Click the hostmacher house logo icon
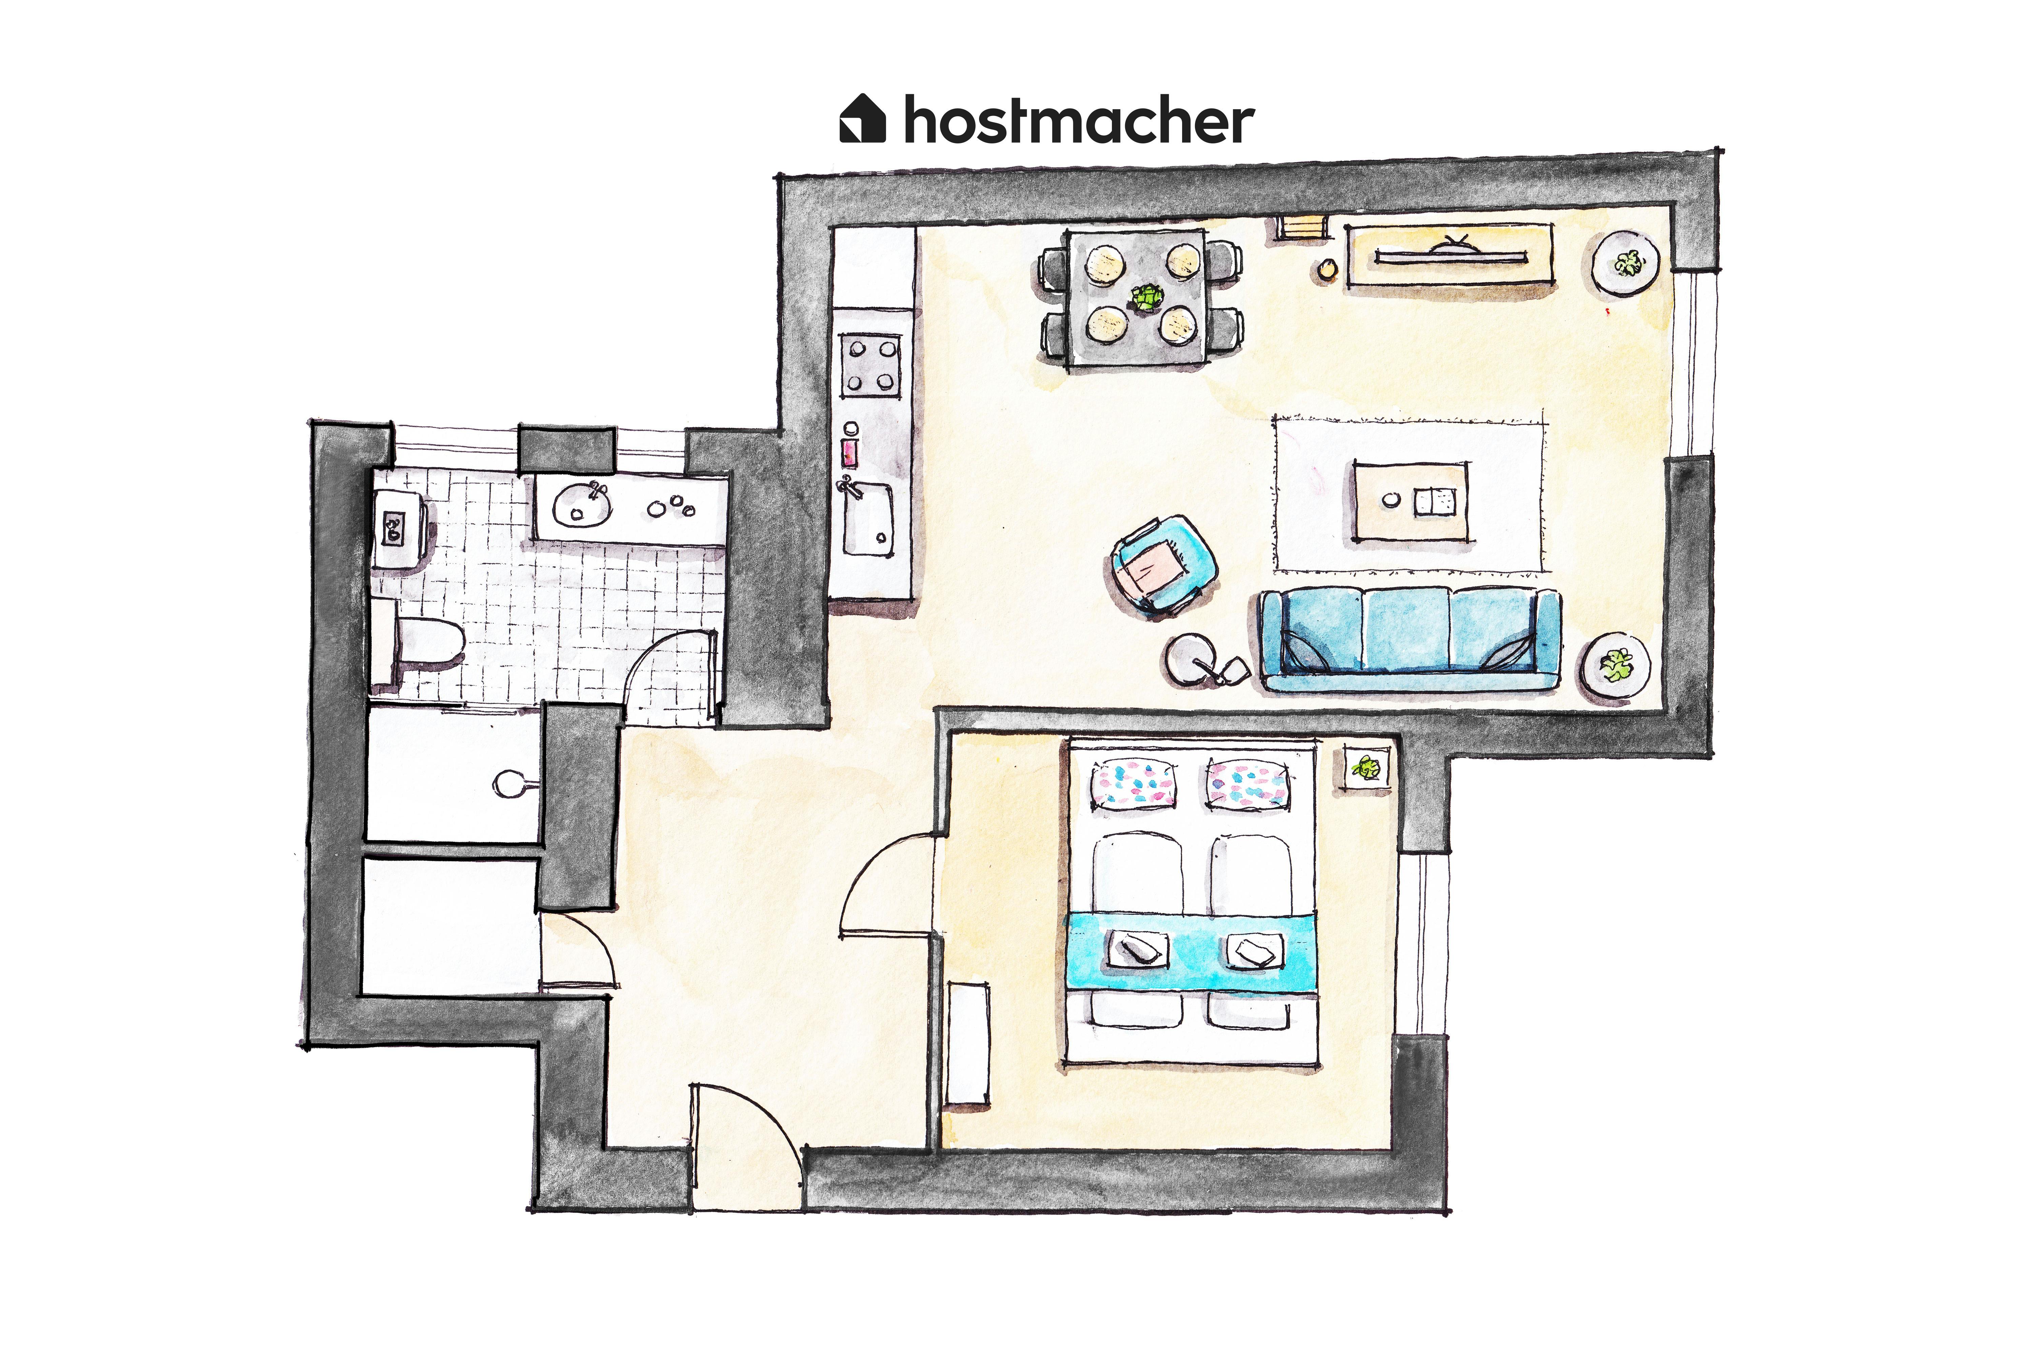point(862,118)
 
